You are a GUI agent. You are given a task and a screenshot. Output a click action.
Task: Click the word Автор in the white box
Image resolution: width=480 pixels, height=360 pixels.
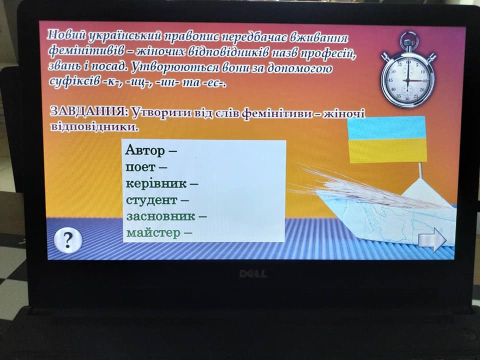[x=145, y=150]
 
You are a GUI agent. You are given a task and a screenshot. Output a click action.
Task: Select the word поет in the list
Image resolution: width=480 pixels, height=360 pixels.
[x=140, y=167]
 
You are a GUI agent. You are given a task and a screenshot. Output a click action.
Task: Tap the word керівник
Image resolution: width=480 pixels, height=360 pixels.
[x=156, y=183]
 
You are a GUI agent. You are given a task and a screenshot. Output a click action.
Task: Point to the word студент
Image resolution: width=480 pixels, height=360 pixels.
[x=152, y=200]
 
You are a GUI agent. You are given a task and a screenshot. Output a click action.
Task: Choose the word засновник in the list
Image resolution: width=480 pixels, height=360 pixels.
[x=160, y=216]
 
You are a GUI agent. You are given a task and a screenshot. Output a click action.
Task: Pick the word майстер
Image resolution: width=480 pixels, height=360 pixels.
[x=153, y=233]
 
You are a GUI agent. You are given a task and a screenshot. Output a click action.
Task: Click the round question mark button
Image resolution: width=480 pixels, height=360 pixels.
[x=68, y=241]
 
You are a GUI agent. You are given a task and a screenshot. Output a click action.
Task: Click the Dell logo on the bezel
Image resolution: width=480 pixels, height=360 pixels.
[x=253, y=273]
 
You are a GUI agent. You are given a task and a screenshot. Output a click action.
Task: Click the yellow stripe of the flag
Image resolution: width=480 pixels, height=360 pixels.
[x=387, y=150]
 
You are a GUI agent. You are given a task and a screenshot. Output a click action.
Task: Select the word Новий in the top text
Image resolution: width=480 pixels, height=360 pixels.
[x=66, y=35]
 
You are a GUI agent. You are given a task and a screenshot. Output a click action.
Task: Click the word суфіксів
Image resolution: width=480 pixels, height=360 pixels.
[x=74, y=81]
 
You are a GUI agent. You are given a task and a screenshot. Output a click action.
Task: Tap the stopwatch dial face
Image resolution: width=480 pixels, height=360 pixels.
[x=407, y=80]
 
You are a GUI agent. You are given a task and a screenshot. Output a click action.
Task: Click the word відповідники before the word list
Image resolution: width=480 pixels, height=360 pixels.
[x=93, y=126]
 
